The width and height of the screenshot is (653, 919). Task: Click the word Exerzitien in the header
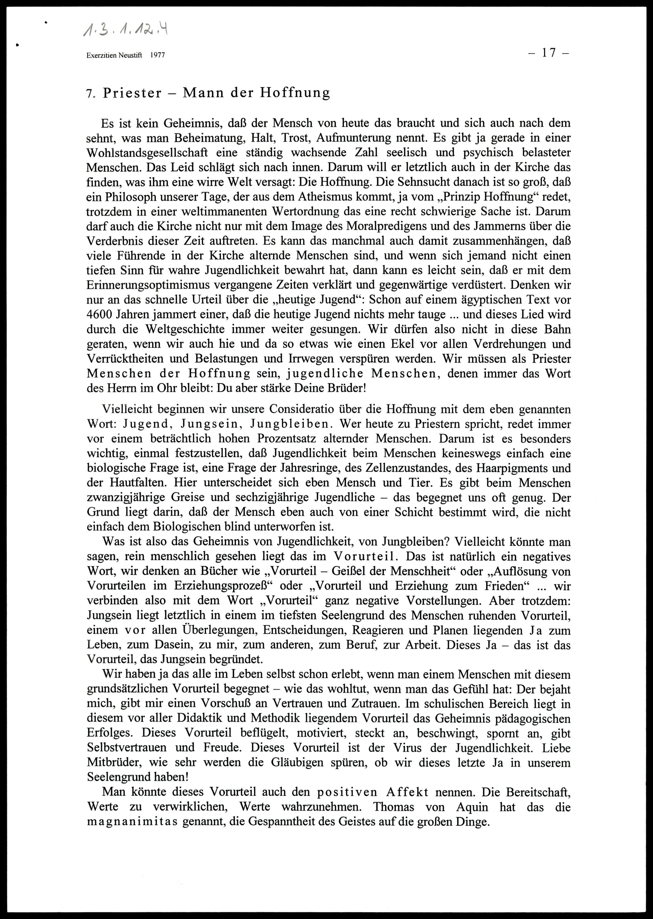coord(101,55)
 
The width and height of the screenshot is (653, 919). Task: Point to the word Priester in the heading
coord(132,93)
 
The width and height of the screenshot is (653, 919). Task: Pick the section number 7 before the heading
coord(89,94)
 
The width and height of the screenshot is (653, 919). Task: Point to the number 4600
coord(101,314)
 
